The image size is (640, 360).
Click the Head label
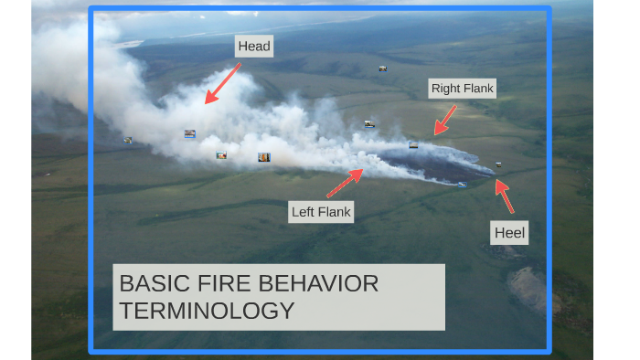point(254,47)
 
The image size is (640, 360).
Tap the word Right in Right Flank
point(446,89)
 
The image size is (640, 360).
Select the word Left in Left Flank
point(303,212)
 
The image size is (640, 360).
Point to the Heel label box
point(509,233)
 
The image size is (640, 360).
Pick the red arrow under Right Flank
point(445,120)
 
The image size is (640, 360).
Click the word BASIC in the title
point(146,283)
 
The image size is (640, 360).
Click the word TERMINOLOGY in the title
point(208,311)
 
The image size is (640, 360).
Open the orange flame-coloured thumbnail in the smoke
point(264,157)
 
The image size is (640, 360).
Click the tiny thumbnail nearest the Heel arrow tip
point(498,164)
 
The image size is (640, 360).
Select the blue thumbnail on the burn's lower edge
point(463,185)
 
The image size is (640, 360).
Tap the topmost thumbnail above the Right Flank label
point(383,69)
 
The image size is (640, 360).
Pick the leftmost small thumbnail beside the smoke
point(128,140)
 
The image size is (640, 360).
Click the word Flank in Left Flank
point(335,212)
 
